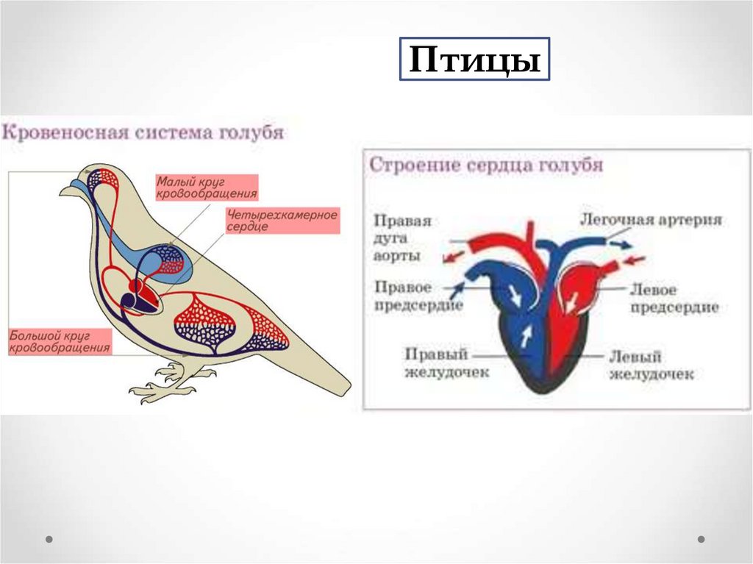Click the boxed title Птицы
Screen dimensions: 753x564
(x=474, y=60)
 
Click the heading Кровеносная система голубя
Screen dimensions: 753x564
(x=144, y=134)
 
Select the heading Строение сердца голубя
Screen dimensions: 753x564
(x=486, y=165)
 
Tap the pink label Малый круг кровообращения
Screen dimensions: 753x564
(x=206, y=188)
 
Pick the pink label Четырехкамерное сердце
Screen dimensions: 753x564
(x=282, y=221)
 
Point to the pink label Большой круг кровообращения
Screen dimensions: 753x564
(x=60, y=342)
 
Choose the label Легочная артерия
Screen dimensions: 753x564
(x=652, y=219)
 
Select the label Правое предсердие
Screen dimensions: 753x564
(x=418, y=296)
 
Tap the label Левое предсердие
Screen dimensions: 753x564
(x=674, y=299)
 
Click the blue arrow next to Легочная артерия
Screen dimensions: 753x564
(x=619, y=243)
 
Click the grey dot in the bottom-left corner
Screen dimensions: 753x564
(x=49, y=539)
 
